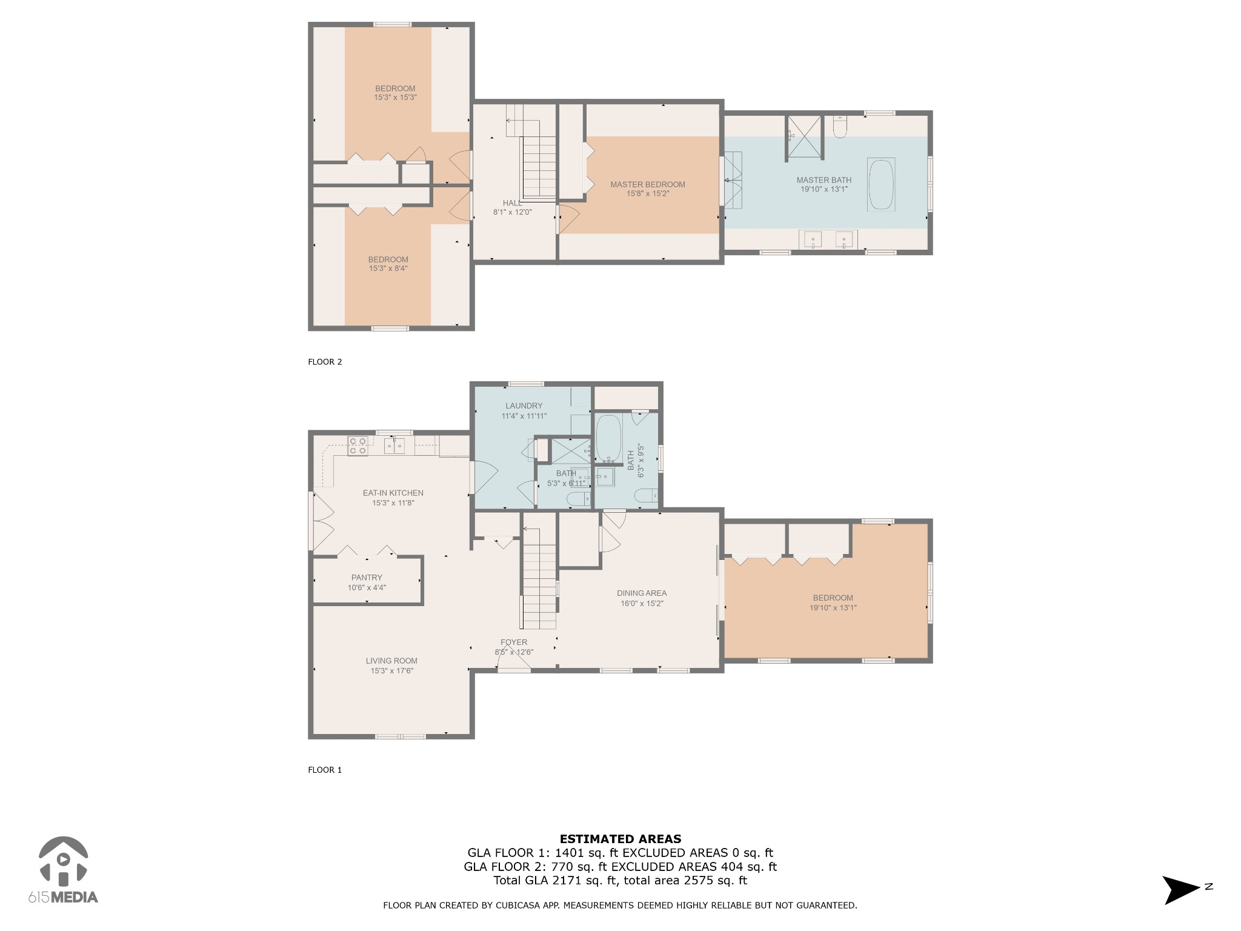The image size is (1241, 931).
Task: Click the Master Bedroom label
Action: tap(648, 184)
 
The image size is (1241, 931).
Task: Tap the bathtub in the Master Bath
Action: tap(882, 184)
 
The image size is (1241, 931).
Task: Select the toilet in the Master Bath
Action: tap(840, 127)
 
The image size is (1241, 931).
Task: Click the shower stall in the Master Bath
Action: tap(804, 138)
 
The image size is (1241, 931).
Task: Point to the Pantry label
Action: tap(367, 578)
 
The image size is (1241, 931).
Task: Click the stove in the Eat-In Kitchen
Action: tap(357, 445)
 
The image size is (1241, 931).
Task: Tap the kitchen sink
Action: tap(394, 445)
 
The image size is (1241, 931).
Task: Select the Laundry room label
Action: tap(524, 406)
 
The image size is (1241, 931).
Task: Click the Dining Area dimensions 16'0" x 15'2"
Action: tap(642, 604)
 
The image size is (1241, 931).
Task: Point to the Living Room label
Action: tap(391, 661)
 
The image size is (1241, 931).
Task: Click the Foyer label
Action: tap(514, 642)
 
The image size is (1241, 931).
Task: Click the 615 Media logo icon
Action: tap(63, 861)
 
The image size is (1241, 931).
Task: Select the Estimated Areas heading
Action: tap(620, 839)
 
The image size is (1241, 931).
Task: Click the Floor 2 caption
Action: tap(325, 362)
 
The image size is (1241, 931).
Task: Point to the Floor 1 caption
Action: tap(325, 770)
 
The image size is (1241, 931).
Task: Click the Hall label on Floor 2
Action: tap(512, 203)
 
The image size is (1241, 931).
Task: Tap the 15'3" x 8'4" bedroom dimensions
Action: tap(388, 269)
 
